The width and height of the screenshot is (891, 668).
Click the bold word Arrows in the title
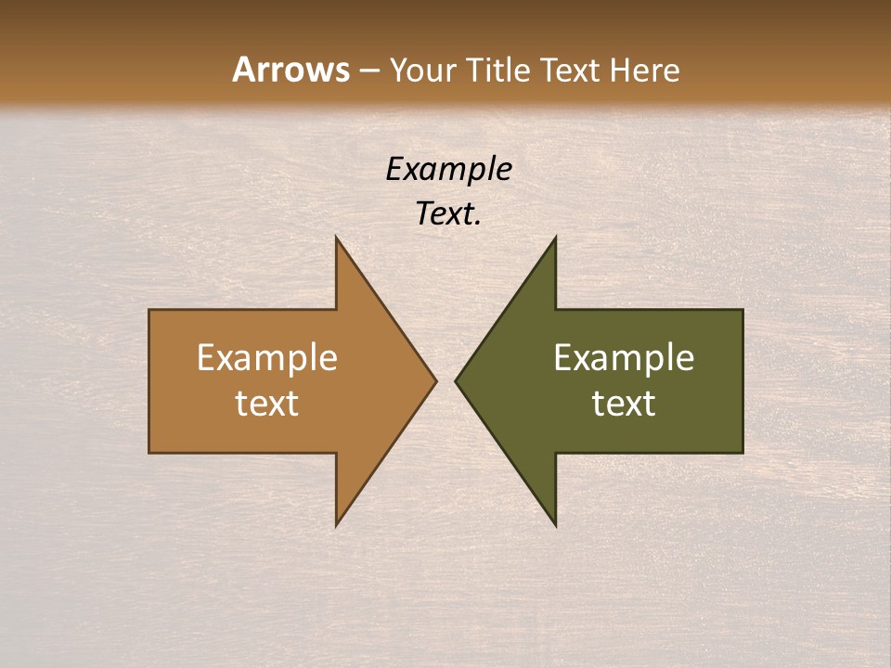(290, 71)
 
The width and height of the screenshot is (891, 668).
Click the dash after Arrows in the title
(368, 71)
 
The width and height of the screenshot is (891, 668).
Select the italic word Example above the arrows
(448, 169)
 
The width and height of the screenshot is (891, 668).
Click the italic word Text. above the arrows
(448, 214)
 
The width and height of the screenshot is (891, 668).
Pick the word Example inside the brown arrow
(267, 358)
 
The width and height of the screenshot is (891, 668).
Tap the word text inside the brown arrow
(267, 404)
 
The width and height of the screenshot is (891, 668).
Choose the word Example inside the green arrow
(624, 358)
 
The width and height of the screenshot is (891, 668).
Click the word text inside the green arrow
(624, 404)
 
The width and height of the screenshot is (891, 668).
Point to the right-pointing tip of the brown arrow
(435, 380)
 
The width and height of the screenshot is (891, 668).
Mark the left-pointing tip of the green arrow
(456, 380)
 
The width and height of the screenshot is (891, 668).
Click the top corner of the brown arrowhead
(337, 238)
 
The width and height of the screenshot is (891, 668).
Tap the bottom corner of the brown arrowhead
(337, 525)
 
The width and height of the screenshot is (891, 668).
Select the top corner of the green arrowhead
(555, 238)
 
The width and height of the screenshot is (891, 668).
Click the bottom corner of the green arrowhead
(555, 525)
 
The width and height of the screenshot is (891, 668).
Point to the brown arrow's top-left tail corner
(150, 310)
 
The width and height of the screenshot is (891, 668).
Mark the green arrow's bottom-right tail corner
(742, 452)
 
